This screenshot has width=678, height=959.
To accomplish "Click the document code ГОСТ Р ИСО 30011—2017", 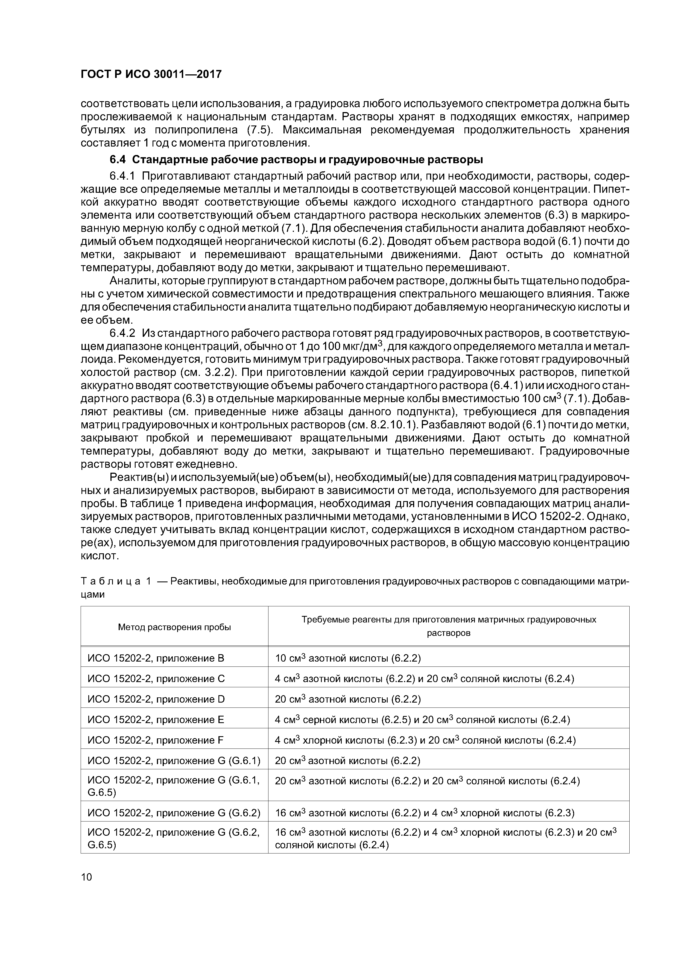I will pos(151,74).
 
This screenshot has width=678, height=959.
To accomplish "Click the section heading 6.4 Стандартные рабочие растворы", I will pos(296,160).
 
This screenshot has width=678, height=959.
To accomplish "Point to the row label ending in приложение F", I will pos(155,740).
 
